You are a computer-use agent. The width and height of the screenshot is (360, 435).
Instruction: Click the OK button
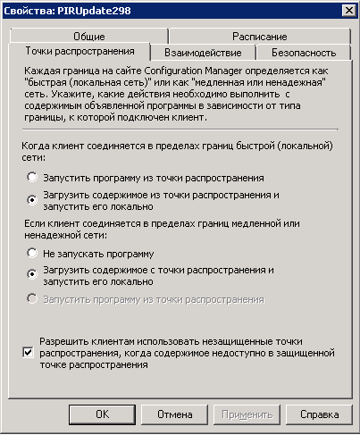click(102, 414)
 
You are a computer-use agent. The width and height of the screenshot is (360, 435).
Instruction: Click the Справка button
click(319, 414)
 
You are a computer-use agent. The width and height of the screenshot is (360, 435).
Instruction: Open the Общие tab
click(87, 37)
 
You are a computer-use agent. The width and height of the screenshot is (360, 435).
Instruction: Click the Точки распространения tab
click(80, 52)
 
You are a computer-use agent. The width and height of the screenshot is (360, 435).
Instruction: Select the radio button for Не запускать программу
click(33, 255)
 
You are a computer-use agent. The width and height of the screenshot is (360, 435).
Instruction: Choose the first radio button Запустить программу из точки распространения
click(33, 178)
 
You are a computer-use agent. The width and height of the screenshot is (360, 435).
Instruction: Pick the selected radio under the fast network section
click(33, 199)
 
